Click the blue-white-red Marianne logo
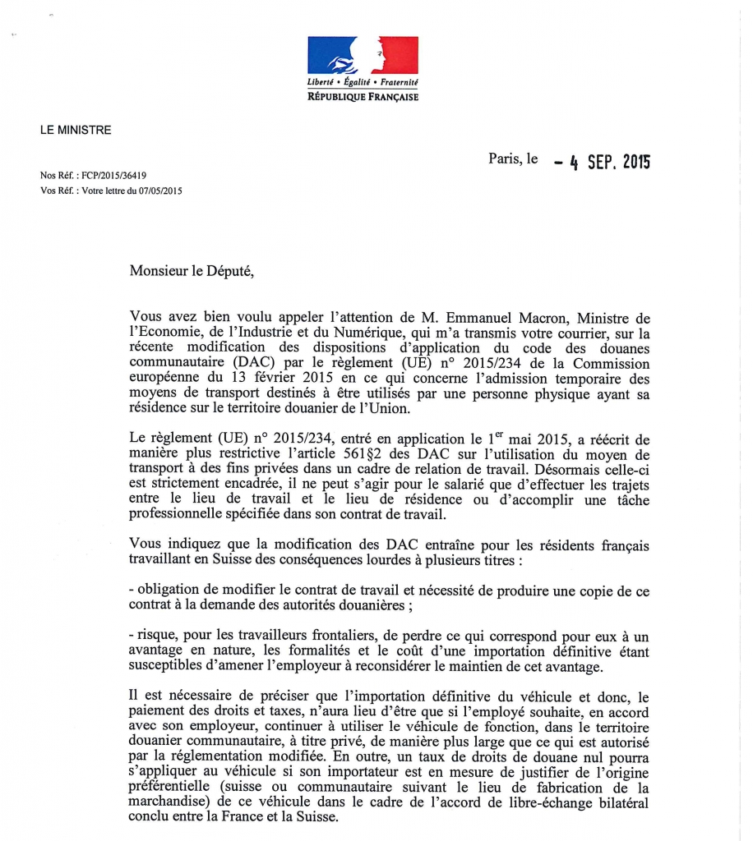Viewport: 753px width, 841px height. point(363,55)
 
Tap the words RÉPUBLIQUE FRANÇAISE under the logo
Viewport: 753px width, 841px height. point(363,97)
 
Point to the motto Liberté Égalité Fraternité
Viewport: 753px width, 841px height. point(363,83)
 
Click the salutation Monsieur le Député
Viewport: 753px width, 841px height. point(192,272)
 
